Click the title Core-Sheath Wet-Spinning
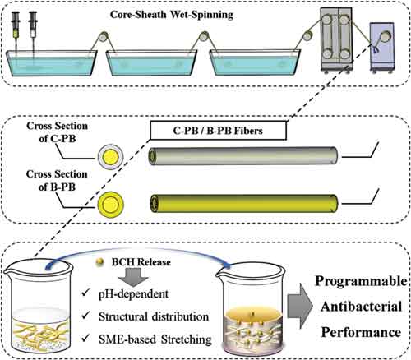[172, 15]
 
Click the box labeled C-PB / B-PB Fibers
[218, 131]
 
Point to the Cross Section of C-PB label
[58, 132]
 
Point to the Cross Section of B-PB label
[57, 180]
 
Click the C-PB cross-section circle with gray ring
[110, 157]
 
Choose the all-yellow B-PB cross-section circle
[111, 204]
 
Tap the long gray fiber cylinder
[242, 156]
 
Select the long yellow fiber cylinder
[244, 203]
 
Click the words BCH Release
[141, 262]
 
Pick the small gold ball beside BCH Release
[99, 262]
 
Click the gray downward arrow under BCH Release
[133, 277]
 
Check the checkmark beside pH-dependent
[85, 293]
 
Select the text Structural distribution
[154, 316]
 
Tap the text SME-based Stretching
[155, 339]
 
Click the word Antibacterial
[362, 307]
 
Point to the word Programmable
[361, 281]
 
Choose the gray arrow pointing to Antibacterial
[300, 306]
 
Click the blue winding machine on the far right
[382, 48]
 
